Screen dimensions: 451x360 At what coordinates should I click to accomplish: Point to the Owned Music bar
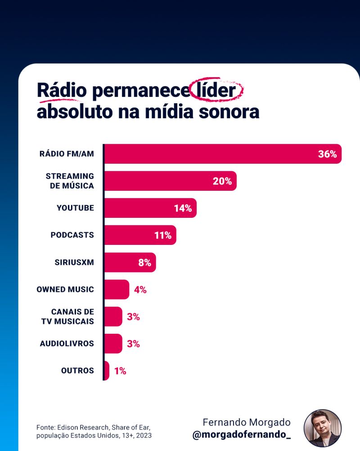point(116,289)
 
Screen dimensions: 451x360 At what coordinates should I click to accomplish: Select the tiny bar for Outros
point(107,371)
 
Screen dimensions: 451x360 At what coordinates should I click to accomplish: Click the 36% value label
point(327,154)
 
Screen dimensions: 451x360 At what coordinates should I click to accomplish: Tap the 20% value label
point(222,181)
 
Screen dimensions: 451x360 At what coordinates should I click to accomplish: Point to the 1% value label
point(120,371)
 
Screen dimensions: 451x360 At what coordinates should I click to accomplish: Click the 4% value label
point(140,290)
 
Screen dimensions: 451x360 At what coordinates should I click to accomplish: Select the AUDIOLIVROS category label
point(67,344)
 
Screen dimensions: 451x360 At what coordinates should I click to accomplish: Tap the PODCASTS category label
point(72,235)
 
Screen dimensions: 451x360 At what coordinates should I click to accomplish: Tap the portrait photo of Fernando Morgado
point(323,428)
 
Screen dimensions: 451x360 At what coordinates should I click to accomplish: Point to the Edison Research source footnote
point(94,431)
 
